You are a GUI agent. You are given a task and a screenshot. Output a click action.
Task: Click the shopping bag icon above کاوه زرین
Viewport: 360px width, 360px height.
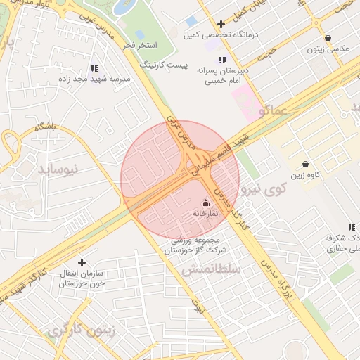[304, 164]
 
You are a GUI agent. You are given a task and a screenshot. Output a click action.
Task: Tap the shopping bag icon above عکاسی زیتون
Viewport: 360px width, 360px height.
[328, 38]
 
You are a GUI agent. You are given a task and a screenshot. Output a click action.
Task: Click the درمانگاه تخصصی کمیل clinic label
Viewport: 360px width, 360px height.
[231, 34]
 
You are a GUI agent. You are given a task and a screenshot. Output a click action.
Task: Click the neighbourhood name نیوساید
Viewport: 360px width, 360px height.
[65, 169]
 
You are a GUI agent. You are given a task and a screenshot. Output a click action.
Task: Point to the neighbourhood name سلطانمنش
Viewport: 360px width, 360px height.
[211, 269]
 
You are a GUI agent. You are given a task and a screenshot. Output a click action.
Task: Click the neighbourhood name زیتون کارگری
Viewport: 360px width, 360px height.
[82, 329]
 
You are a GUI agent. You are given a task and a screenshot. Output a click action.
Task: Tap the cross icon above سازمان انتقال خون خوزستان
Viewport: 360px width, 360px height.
[82, 262]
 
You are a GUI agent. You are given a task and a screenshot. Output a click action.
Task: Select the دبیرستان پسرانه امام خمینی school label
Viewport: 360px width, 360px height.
[224, 75]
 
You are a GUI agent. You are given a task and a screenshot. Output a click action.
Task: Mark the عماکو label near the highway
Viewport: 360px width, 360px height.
[273, 110]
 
